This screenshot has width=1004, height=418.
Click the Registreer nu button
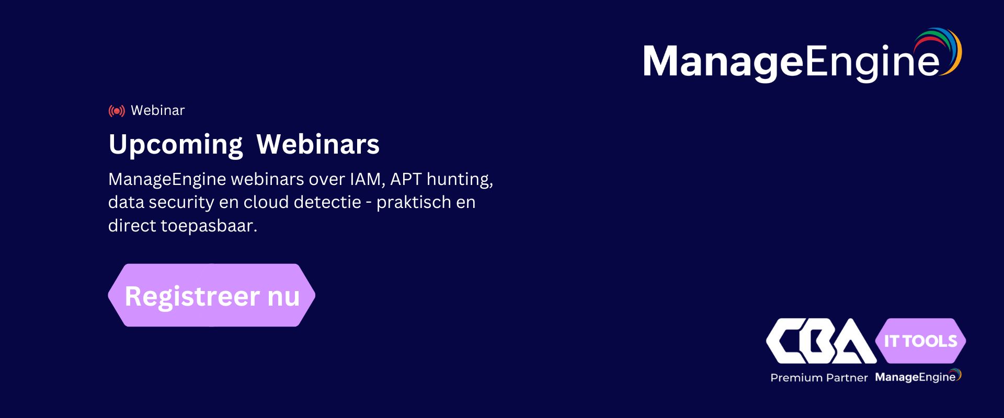212,295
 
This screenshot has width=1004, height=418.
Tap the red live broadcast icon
117,111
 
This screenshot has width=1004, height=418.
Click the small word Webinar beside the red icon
158,110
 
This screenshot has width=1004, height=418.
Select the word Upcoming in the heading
176,145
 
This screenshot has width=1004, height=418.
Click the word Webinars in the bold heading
318,144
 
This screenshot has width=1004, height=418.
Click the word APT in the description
406,179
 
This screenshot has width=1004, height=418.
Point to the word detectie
327,202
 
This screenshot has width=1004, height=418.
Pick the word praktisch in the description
414,203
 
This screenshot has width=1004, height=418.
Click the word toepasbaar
209,226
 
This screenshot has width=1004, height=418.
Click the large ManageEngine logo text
791,62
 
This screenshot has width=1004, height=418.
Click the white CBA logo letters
821,341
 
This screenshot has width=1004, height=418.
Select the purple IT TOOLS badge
920,341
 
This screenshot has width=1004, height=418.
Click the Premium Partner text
819,378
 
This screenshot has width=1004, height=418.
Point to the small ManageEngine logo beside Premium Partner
918,377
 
